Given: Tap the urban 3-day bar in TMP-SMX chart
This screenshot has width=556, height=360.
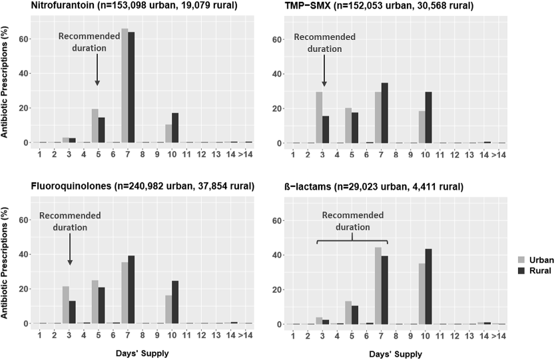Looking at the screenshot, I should [x=319, y=117].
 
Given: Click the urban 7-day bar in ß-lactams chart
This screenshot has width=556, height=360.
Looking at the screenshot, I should [x=378, y=285].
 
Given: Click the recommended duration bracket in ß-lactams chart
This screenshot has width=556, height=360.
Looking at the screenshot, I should [x=352, y=242].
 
